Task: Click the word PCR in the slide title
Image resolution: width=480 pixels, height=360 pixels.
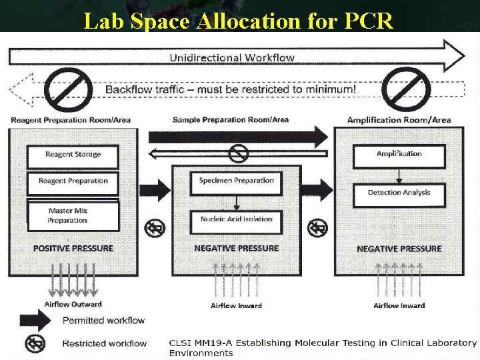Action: click(369, 21)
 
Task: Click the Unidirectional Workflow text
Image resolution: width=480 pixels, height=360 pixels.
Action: click(232, 57)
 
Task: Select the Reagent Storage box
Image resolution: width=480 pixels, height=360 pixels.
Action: click(73, 155)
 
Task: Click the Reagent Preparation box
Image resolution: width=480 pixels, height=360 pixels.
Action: click(73, 181)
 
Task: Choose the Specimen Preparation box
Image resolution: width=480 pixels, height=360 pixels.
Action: click(236, 181)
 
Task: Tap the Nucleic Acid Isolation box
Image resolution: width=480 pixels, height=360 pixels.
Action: click(236, 219)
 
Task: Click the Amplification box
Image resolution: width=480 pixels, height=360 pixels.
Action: click(399, 154)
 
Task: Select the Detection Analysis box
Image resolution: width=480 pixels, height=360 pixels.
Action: click(399, 193)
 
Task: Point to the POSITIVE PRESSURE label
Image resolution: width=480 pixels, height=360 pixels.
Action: click(73, 249)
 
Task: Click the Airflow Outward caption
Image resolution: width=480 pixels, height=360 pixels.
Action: click(73, 305)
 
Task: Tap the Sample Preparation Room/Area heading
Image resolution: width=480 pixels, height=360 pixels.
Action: click(231, 120)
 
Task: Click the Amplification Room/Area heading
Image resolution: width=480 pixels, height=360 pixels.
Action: click(399, 120)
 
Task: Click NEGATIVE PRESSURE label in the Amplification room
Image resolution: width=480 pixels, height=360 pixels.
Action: click(399, 249)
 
